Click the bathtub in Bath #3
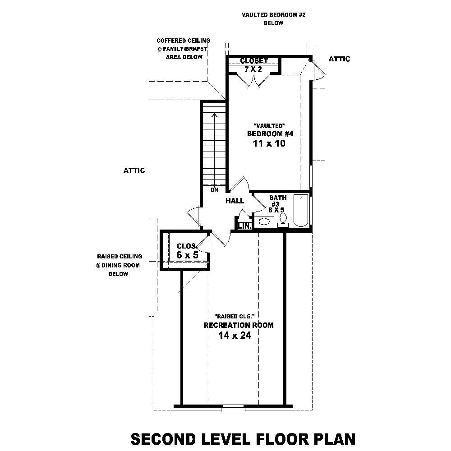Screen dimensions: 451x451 point(301,211)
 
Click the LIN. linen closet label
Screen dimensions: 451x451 point(244,225)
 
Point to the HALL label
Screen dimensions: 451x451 point(235,201)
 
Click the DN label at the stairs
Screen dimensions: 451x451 point(214,190)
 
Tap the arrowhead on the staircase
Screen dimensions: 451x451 point(214,115)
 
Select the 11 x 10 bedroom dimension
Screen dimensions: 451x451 point(270,144)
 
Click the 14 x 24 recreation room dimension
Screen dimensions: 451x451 point(235,335)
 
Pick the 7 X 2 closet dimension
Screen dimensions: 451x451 point(253,69)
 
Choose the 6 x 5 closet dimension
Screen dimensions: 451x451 point(187,255)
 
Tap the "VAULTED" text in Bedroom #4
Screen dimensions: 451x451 point(269,125)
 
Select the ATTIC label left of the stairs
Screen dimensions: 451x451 point(134,170)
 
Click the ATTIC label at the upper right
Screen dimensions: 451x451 point(339,59)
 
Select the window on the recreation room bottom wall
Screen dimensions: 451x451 point(233,409)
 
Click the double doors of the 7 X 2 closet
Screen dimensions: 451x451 point(254,79)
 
